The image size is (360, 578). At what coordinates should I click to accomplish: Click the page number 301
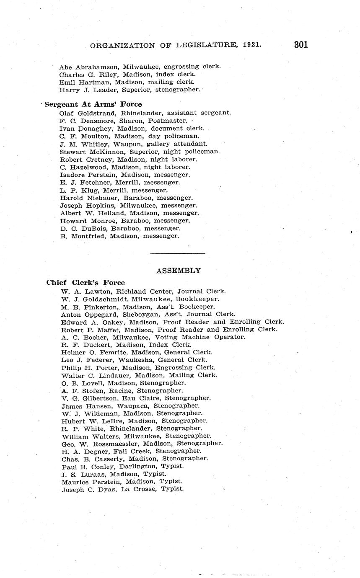(301, 45)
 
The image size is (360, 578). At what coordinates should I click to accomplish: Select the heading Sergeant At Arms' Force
(93, 104)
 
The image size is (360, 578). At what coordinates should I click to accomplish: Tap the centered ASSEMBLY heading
(178, 271)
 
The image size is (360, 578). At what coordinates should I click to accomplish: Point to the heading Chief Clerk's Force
(85, 283)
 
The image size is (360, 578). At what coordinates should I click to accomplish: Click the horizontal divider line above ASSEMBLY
(177, 253)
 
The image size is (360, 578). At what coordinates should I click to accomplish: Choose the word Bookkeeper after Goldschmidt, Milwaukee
(197, 299)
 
